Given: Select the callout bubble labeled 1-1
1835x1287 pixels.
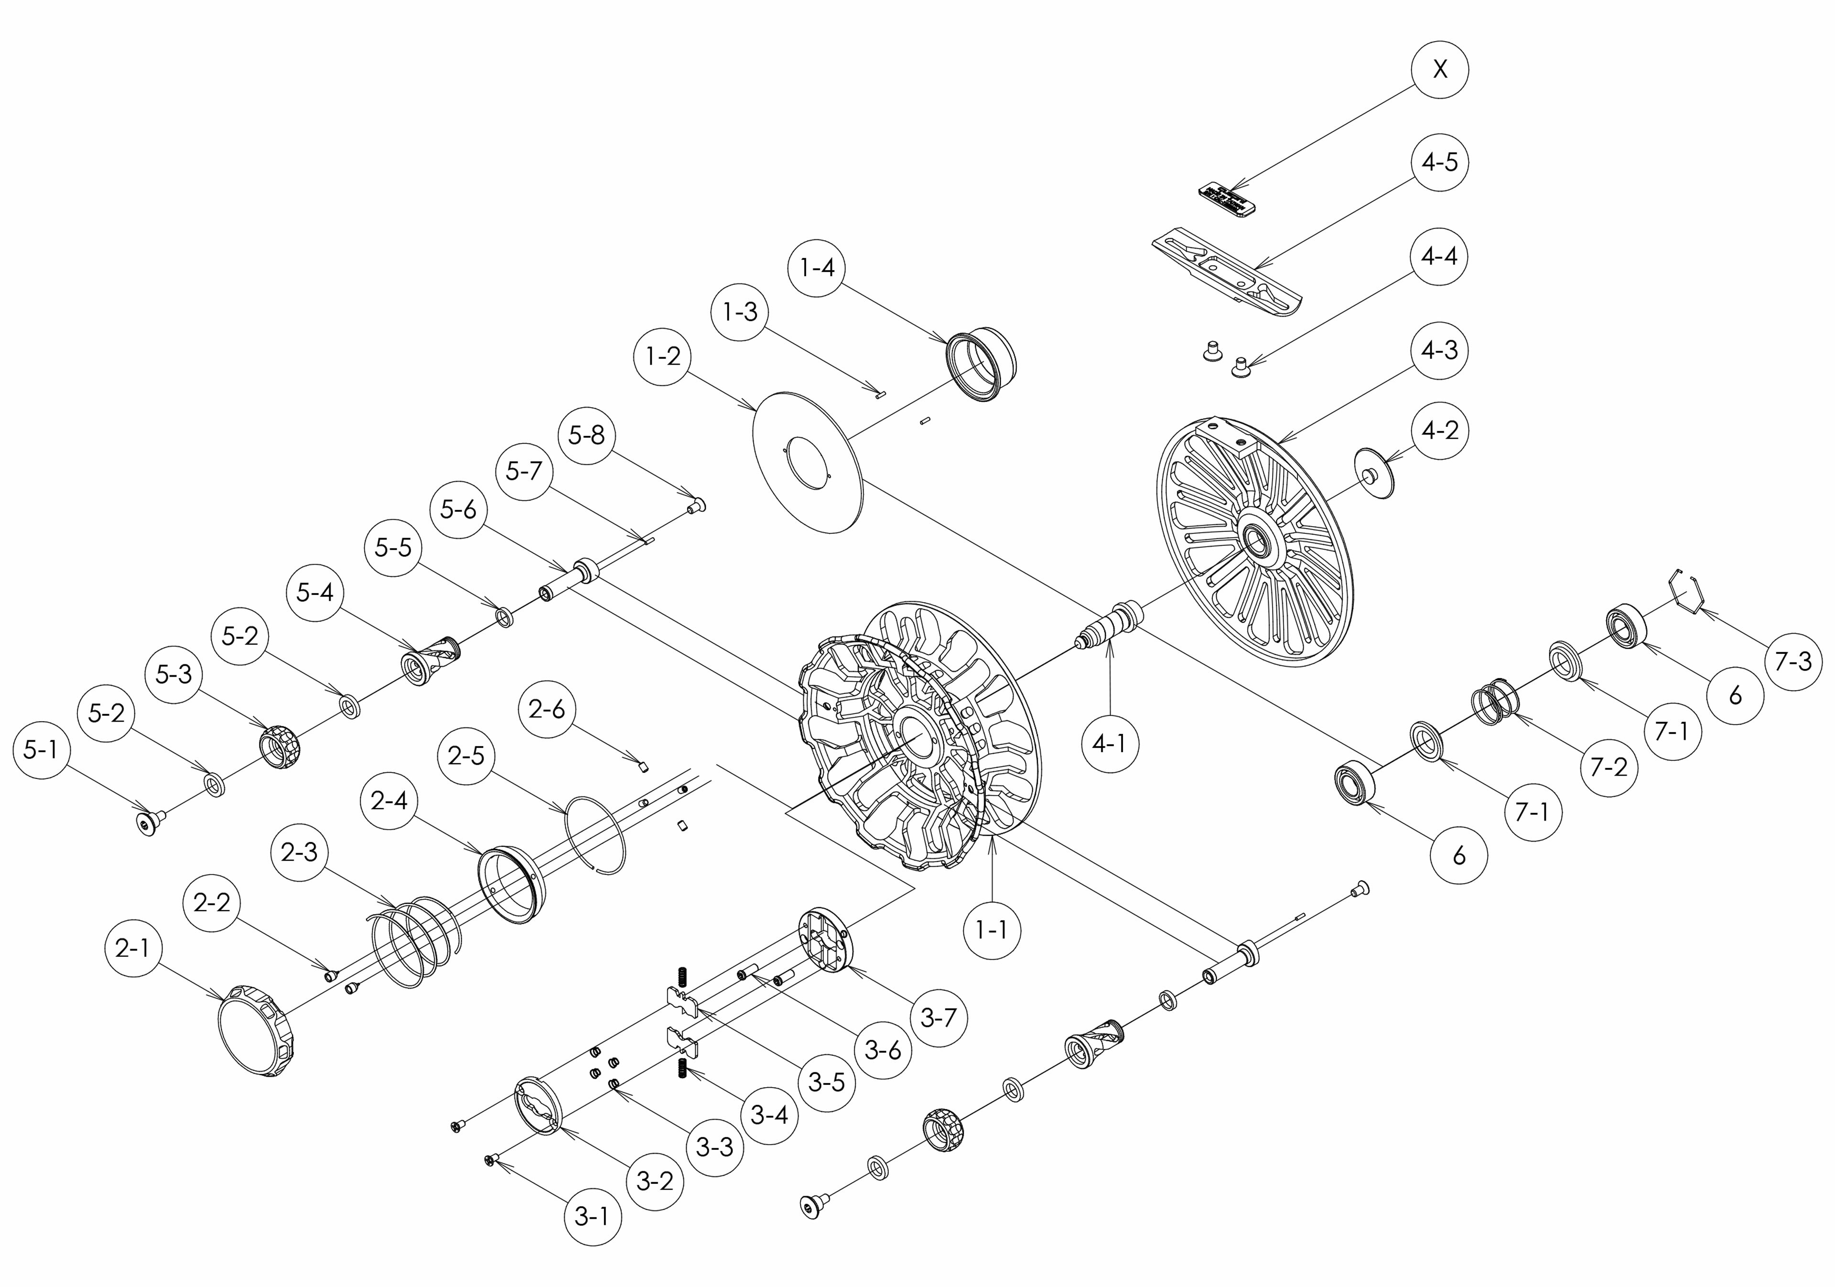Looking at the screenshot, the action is click(992, 930).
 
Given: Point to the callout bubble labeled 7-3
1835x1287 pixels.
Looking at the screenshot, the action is click(1793, 660).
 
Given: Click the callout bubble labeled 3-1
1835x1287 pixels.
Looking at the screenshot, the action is click(592, 1217).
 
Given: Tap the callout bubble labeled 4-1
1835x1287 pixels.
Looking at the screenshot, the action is click(1109, 744).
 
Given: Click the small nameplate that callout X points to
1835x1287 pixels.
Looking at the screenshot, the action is click(1227, 199).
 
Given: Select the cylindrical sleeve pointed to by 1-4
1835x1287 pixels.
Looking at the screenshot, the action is click(982, 364).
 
